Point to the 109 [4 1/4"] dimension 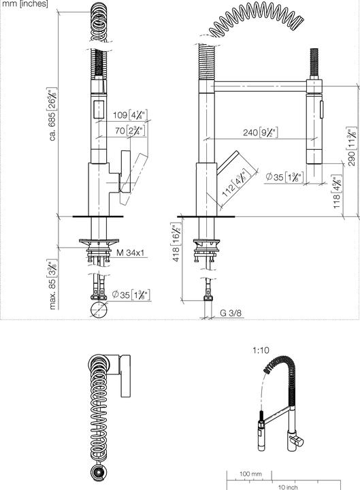[x=124, y=115]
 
